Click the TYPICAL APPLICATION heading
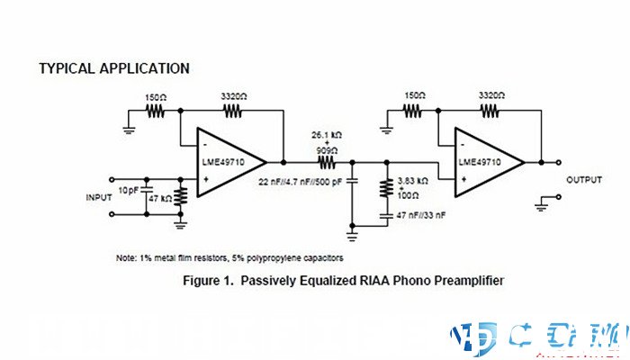pos(114,68)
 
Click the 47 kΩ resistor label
pos(160,196)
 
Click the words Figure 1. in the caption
pos(210,281)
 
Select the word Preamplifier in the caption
pos(457,281)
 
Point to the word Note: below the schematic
pos(127,258)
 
